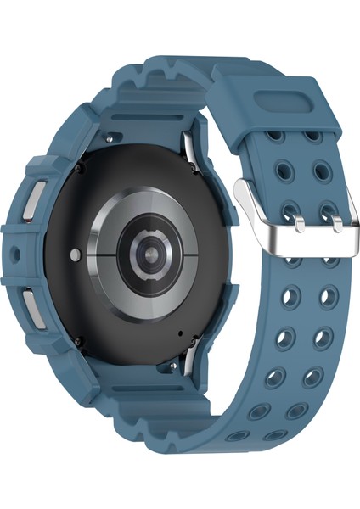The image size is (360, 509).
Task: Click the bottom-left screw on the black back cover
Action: tap(79, 341)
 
